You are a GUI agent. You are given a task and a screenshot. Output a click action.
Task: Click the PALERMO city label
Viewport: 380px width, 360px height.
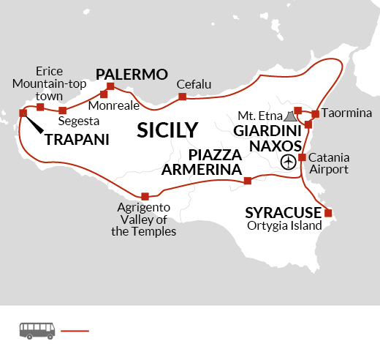[x=132, y=74]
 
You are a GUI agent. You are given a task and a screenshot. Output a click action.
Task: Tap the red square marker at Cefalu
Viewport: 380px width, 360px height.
[x=182, y=97]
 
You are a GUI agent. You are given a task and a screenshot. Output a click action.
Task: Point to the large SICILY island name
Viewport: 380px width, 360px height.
[x=168, y=130]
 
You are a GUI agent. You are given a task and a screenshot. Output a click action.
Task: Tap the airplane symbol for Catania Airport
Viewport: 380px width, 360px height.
[x=289, y=160]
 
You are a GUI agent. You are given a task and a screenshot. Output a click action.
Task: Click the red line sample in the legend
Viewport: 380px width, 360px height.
[x=75, y=331]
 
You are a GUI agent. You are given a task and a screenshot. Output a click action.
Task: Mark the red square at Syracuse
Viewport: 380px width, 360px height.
[x=327, y=213]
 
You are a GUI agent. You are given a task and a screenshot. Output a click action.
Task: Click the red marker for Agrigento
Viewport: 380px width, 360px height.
[x=145, y=195]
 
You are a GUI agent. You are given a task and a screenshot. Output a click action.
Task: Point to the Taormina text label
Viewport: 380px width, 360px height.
[x=346, y=113]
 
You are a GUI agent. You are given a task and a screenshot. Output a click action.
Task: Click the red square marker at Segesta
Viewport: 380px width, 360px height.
[x=62, y=110]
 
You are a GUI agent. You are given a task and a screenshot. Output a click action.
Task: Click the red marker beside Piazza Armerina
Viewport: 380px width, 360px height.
[x=248, y=181]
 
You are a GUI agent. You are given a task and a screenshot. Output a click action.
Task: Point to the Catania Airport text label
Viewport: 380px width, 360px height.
[x=329, y=163]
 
